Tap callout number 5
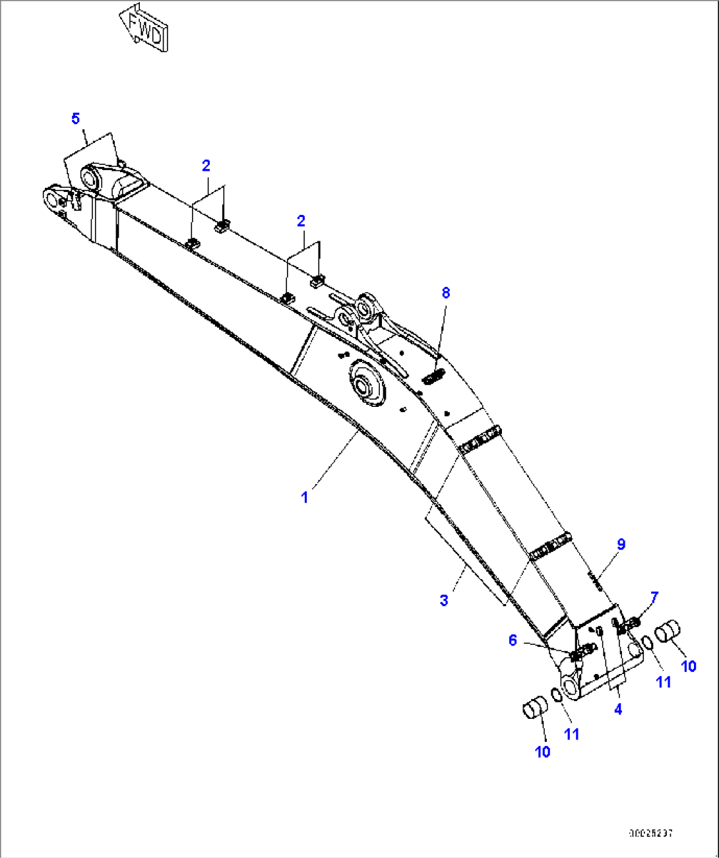coord(76,119)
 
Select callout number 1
coord(305,497)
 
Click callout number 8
coord(446,292)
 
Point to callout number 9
coord(621,544)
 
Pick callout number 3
coord(444,600)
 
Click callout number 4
coord(618,710)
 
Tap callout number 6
coord(513,640)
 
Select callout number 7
coord(654,598)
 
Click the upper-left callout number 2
coord(206,166)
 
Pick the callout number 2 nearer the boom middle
coord(301,221)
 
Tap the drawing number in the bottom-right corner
coord(650,834)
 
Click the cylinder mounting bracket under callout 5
coord(109,180)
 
